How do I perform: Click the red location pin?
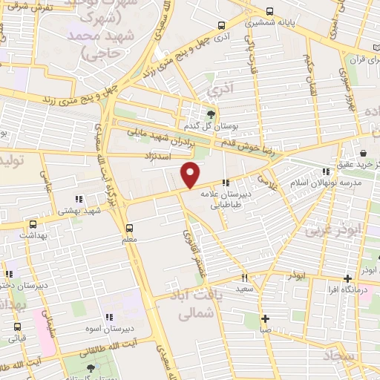click(x=191, y=174)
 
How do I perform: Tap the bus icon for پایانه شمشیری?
click(x=269, y=11)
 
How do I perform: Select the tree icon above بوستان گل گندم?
click(x=212, y=114)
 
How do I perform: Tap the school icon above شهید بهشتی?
click(x=79, y=199)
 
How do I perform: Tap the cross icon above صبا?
click(x=265, y=318)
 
